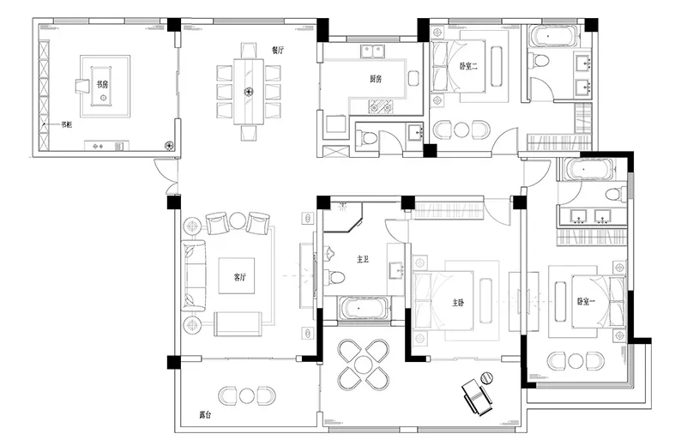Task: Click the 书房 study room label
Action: pyautogui.click(x=103, y=84)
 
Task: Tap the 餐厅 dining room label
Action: pyautogui.click(x=278, y=50)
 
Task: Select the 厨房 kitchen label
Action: pyautogui.click(x=376, y=79)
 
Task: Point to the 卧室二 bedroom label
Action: pyautogui.click(x=468, y=66)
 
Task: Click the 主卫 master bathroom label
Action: pyautogui.click(x=363, y=259)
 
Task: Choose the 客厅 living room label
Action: pyautogui.click(x=240, y=277)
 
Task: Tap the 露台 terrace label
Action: pyautogui.click(x=206, y=415)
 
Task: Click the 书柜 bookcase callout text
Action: pyautogui.click(x=66, y=124)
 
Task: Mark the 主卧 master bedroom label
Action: pyautogui.click(x=458, y=302)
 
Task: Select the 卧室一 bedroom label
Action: pyautogui.click(x=587, y=301)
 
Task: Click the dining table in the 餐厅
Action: pyautogui.click(x=249, y=91)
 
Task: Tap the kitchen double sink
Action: pyautogui.click(x=372, y=51)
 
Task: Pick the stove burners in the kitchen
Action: pyautogui.click(x=381, y=105)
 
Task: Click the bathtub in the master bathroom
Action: pyautogui.click(x=359, y=308)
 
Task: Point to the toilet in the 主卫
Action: pyautogui.click(x=334, y=276)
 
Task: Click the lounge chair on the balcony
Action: pyautogui.click(x=477, y=396)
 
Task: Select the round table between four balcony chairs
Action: pyautogui.click(x=363, y=364)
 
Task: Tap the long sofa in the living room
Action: pyautogui.click(x=194, y=275)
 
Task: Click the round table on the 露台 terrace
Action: pyautogui.click(x=246, y=395)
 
